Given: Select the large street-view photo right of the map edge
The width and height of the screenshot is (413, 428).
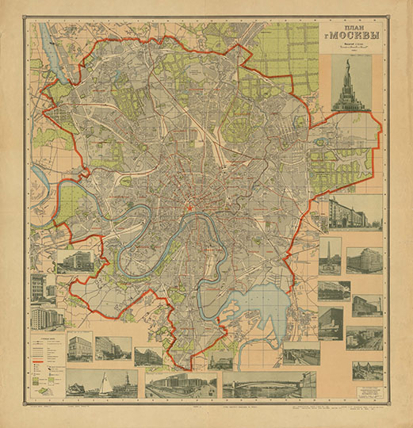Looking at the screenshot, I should click(355, 212).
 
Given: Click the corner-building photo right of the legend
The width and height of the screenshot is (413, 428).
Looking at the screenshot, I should click(79, 348).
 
